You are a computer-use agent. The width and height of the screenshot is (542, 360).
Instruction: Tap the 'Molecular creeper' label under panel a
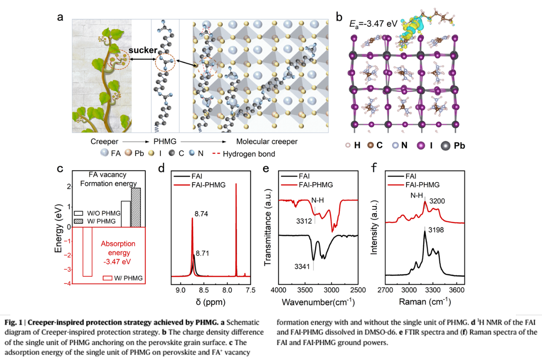tap(267, 142)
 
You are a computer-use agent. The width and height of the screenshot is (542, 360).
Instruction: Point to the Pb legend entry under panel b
tap(458, 145)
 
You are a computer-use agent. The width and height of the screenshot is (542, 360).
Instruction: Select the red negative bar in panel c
tap(87, 252)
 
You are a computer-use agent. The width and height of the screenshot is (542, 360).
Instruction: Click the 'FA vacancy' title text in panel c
tap(107, 175)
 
